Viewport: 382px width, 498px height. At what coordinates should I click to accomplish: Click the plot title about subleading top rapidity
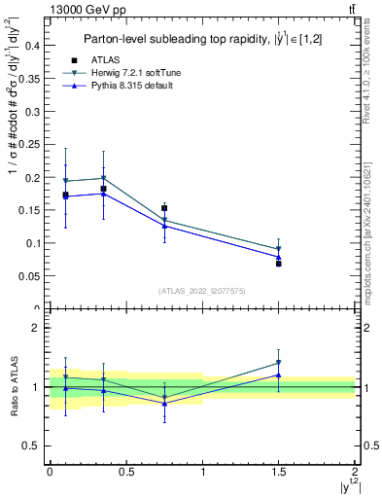tap(200, 39)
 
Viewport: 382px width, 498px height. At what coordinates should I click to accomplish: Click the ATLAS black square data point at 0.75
tap(164, 208)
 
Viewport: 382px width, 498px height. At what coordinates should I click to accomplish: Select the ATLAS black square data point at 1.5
tap(279, 264)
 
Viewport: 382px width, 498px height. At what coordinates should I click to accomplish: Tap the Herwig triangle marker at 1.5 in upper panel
tap(279, 249)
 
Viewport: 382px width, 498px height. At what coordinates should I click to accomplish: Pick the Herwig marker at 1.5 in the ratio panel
tap(279, 363)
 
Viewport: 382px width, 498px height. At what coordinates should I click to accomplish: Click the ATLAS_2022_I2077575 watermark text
tap(201, 290)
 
